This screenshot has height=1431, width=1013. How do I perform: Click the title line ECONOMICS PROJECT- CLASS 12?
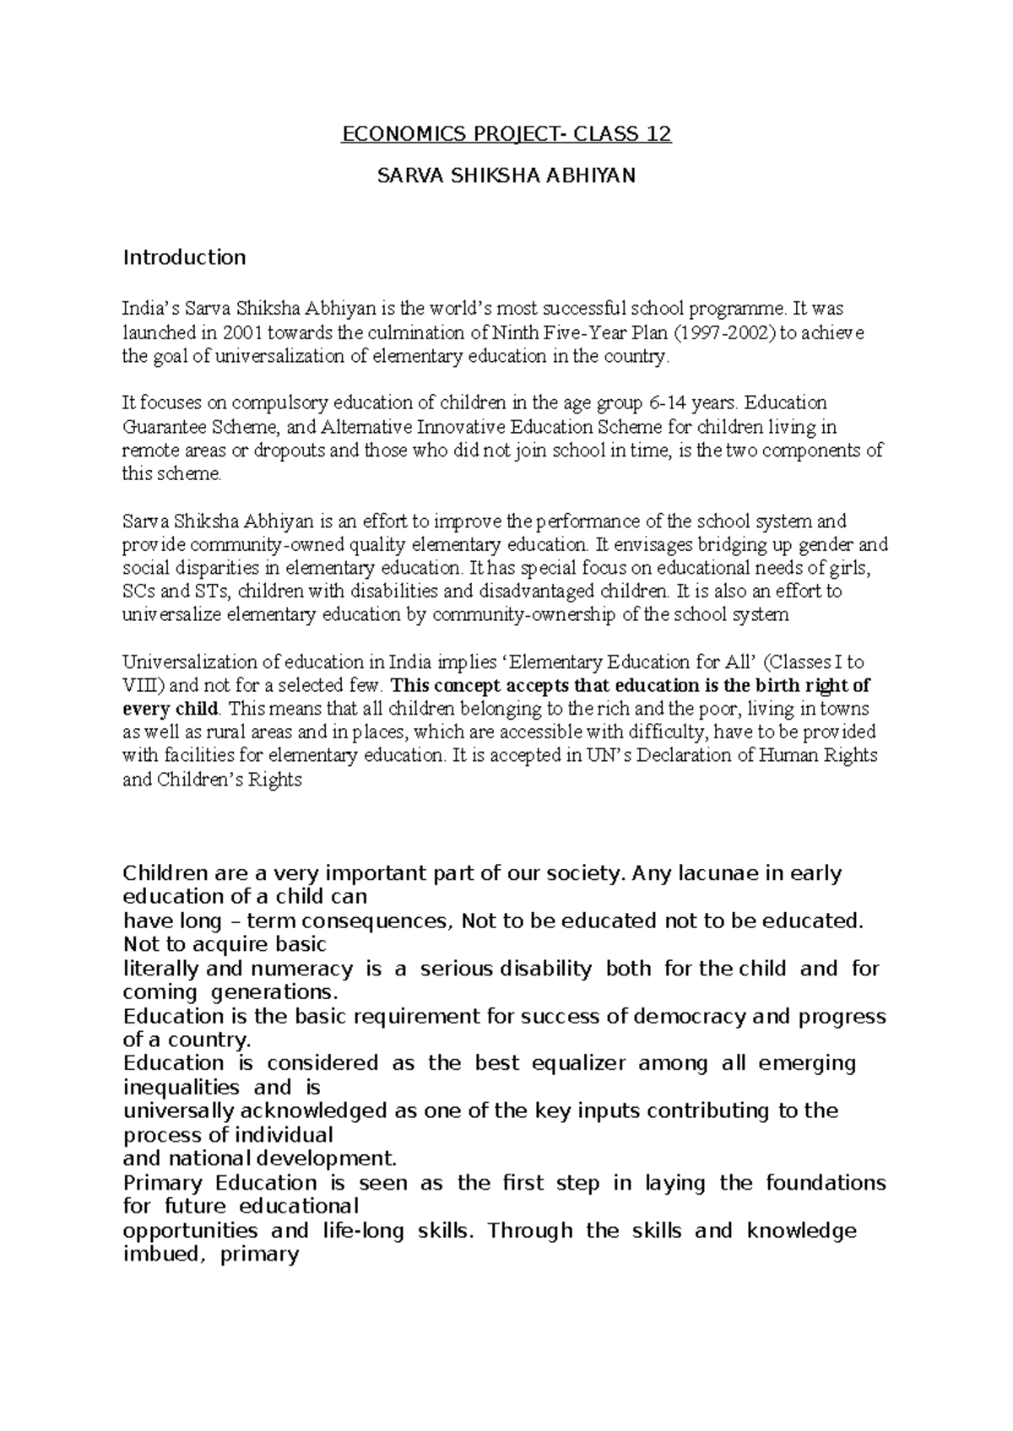pyautogui.click(x=506, y=134)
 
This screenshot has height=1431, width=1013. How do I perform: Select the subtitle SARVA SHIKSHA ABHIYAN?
pyautogui.click(x=506, y=176)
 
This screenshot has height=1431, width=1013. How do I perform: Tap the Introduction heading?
pyautogui.click(x=184, y=257)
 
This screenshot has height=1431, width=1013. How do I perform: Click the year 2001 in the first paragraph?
pyautogui.click(x=239, y=332)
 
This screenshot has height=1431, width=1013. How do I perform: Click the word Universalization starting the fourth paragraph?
pyautogui.click(x=191, y=662)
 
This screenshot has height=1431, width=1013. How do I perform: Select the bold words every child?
pyautogui.click(x=171, y=709)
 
